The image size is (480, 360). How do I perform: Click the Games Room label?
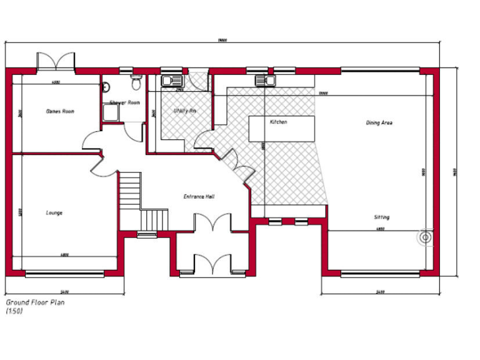coord(60,111)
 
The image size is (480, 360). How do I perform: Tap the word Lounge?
coord(54,213)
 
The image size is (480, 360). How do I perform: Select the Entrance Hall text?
coord(199,196)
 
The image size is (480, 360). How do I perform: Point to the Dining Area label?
coord(379,123)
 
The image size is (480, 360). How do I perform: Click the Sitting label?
coord(381,217)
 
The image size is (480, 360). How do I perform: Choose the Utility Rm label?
coord(184,111)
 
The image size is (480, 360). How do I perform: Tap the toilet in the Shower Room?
coord(136,81)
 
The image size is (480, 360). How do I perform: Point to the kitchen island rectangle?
coord(281,129)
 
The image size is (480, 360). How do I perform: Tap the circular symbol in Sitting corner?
coord(426,237)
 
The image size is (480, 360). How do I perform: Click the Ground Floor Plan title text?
coord(35,302)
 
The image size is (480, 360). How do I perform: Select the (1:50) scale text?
coord(14,311)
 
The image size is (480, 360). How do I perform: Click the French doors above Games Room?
coord(56,62)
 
